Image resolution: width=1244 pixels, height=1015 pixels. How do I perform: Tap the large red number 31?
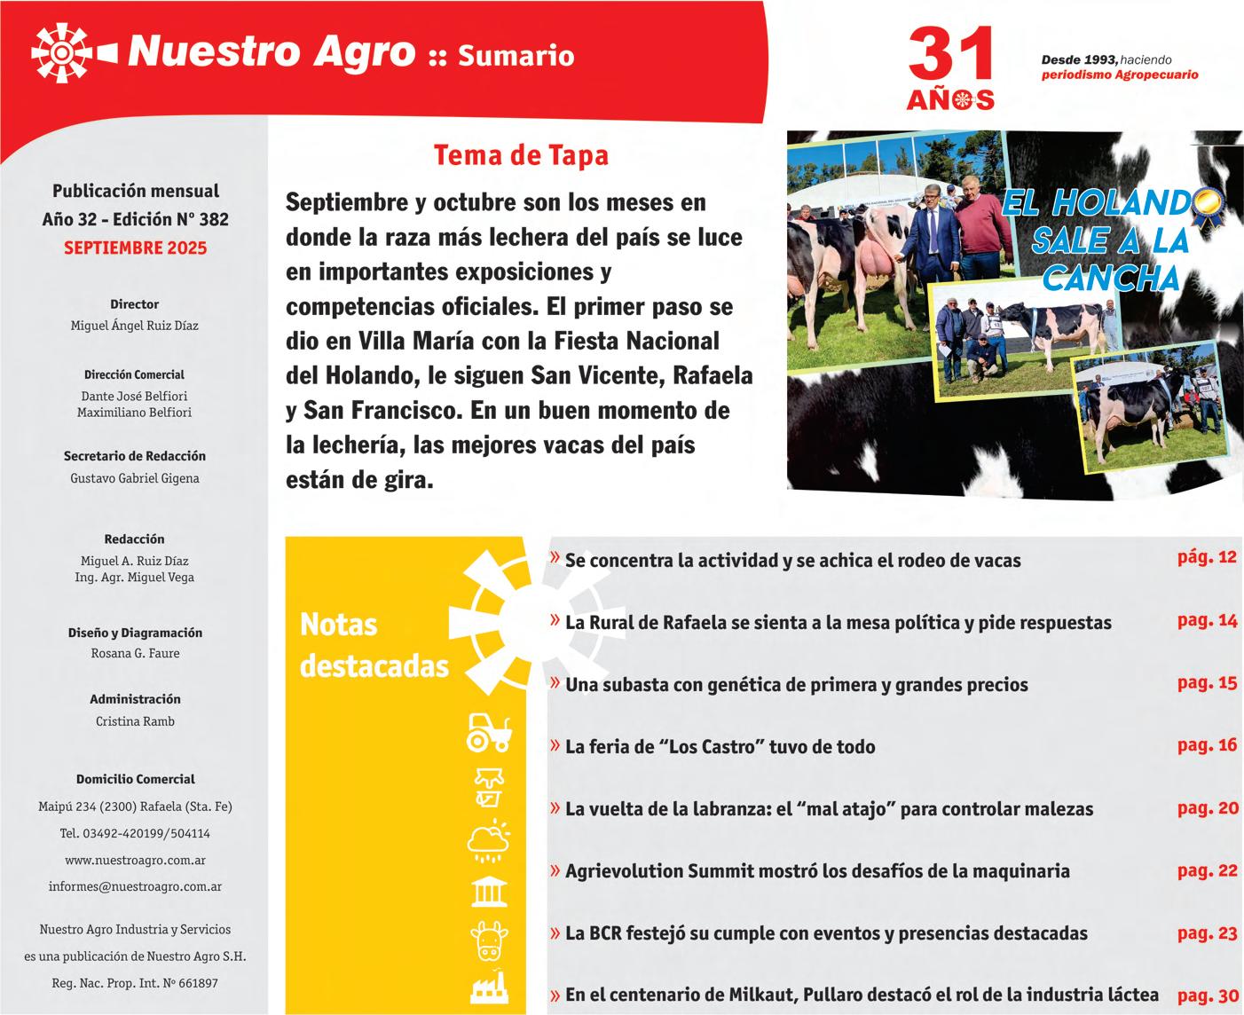pos(950,56)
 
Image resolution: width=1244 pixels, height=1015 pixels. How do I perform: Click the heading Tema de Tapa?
pos(521,155)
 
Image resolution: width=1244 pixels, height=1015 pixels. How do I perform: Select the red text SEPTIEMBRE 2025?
pos(135,248)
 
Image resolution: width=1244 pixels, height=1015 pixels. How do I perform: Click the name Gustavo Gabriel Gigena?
pos(135,478)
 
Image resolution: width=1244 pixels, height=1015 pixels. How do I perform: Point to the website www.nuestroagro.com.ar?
pos(135,860)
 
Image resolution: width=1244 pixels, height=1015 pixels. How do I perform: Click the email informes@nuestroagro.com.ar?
pos(135,886)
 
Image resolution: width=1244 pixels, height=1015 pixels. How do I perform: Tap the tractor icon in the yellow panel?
pos(489,732)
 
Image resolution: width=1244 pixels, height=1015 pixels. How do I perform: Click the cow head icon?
pos(489,940)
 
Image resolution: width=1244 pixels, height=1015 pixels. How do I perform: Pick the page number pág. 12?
pos(1207,558)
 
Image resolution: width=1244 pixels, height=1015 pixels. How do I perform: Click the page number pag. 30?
pos(1207,995)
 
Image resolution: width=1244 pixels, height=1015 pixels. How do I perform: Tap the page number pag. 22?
pos(1207,870)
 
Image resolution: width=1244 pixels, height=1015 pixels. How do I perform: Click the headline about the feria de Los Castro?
pos(720,747)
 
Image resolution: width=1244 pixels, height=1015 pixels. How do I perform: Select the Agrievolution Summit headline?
pos(817,871)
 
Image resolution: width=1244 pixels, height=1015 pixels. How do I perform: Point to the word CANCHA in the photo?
pos(1111,279)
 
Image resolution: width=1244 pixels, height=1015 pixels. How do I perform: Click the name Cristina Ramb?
pos(135,721)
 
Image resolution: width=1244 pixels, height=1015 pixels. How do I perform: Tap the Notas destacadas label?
pos(374,645)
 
